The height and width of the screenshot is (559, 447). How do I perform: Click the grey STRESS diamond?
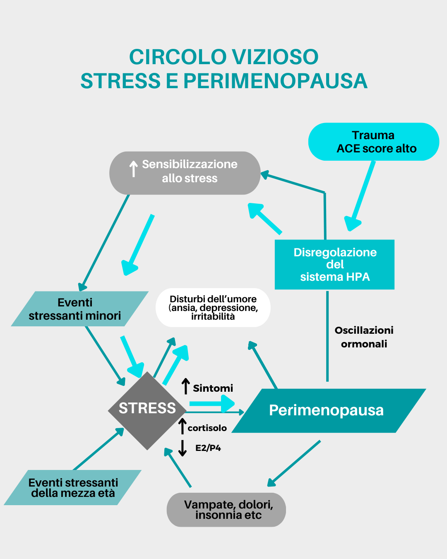coord(147,410)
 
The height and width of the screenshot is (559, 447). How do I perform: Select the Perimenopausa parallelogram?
coord(327,410)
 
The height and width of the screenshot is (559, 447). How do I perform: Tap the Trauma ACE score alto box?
coord(374,142)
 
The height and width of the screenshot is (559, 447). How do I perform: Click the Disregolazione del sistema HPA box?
coord(334,264)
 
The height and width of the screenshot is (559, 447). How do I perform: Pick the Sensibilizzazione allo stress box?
coord(185,173)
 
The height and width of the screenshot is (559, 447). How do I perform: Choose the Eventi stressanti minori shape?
coord(79,309)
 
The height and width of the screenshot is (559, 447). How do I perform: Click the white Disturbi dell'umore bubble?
coord(213,308)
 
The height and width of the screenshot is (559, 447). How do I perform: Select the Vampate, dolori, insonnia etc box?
coord(226,510)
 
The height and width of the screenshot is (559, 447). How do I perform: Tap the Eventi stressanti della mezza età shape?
coord(73,487)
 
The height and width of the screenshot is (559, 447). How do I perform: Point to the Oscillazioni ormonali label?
coord(364,337)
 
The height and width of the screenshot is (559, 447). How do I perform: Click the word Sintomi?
coord(213,388)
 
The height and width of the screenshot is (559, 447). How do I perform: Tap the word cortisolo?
coord(207,428)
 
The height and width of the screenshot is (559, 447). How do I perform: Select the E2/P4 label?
coord(208,448)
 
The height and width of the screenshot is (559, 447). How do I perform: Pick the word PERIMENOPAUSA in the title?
coord(275,81)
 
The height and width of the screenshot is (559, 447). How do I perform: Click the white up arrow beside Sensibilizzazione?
coord(133,169)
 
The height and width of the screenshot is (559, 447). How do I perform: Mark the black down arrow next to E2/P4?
coord(182,448)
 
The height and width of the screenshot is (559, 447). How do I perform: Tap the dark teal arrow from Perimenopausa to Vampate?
coord(294,463)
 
